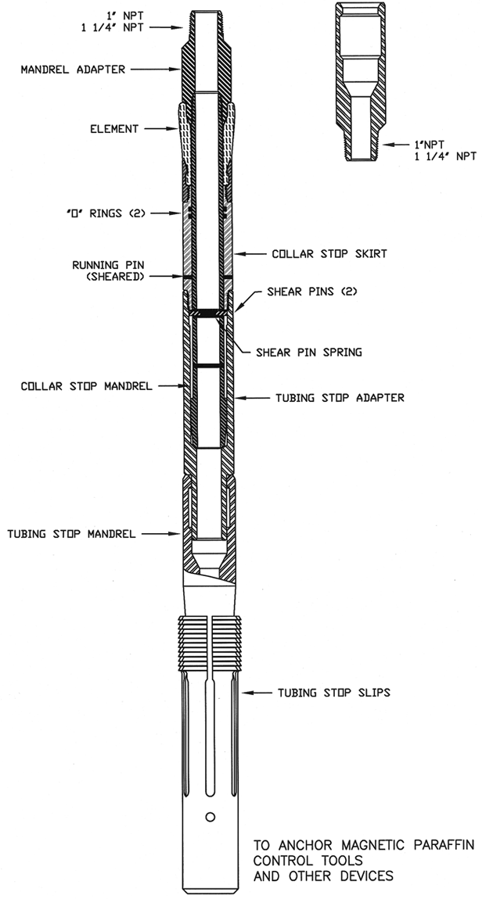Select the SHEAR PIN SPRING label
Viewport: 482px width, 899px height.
click(x=309, y=353)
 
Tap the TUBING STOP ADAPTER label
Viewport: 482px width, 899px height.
click(x=340, y=398)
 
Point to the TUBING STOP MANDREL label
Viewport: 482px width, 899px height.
click(x=72, y=535)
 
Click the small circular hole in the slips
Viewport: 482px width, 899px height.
click(x=210, y=817)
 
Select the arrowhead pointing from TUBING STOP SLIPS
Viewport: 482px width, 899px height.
click(x=243, y=693)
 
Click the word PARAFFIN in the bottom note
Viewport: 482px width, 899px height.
click(x=434, y=846)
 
